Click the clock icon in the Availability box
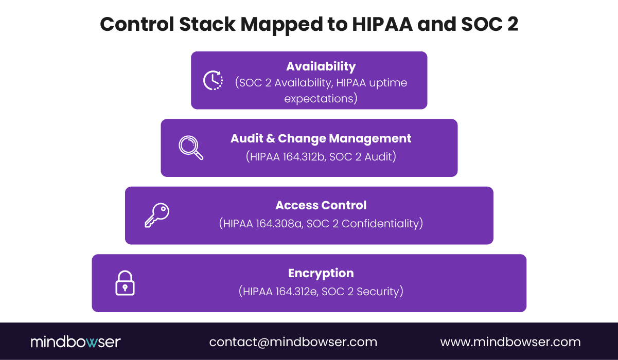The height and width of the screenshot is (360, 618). pyautogui.click(x=213, y=80)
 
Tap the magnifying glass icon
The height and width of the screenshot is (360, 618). pyautogui.click(x=190, y=147)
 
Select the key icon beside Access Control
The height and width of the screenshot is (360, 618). pyautogui.click(x=156, y=215)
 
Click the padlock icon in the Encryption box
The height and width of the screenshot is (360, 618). pyautogui.click(x=125, y=283)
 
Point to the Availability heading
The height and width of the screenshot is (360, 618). pyautogui.click(x=321, y=66)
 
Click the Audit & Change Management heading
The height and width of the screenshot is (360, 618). pyautogui.click(x=321, y=138)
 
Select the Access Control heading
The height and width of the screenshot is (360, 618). pyautogui.click(x=321, y=205)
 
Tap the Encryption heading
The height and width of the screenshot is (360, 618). pyautogui.click(x=321, y=273)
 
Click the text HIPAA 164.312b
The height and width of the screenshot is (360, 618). pyautogui.click(x=285, y=156)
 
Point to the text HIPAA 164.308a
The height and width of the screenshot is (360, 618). pyautogui.click(x=260, y=224)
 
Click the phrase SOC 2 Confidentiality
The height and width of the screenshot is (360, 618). pyautogui.click(x=364, y=224)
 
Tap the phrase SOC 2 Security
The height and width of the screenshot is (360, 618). pyautogui.click(x=362, y=292)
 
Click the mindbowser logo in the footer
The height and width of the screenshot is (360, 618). pyautogui.click(x=76, y=342)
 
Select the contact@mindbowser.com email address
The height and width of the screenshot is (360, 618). pyautogui.click(x=293, y=342)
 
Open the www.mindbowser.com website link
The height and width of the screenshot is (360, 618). pyautogui.click(x=510, y=342)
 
